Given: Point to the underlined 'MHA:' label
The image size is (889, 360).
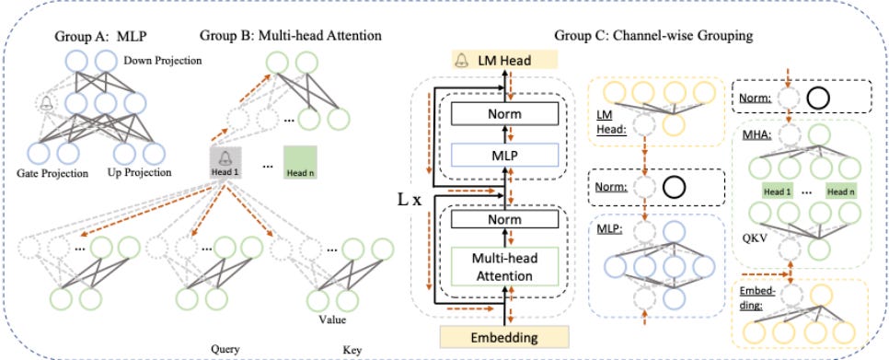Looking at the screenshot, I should click(750, 137).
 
